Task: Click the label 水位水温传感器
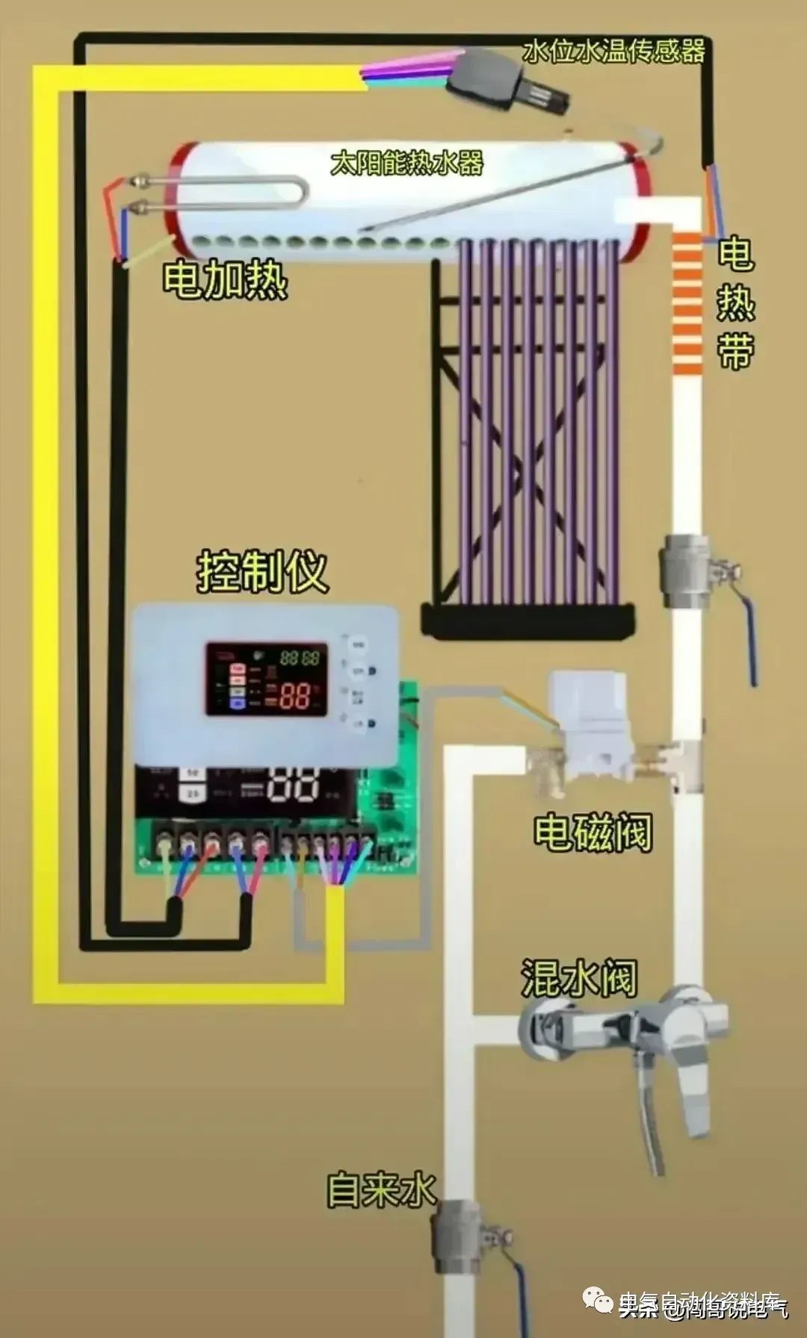[x=613, y=52]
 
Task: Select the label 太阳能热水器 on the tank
[x=407, y=163]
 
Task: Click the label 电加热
[x=225, y=280]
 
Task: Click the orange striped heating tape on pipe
[x=687, y=302]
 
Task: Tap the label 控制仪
[x=262, y=572]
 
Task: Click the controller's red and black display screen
[x=267, y=679]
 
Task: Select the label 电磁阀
[x=593, y=832]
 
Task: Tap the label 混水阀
[x=579, y=977]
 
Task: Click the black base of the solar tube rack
[x=528, y=621]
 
